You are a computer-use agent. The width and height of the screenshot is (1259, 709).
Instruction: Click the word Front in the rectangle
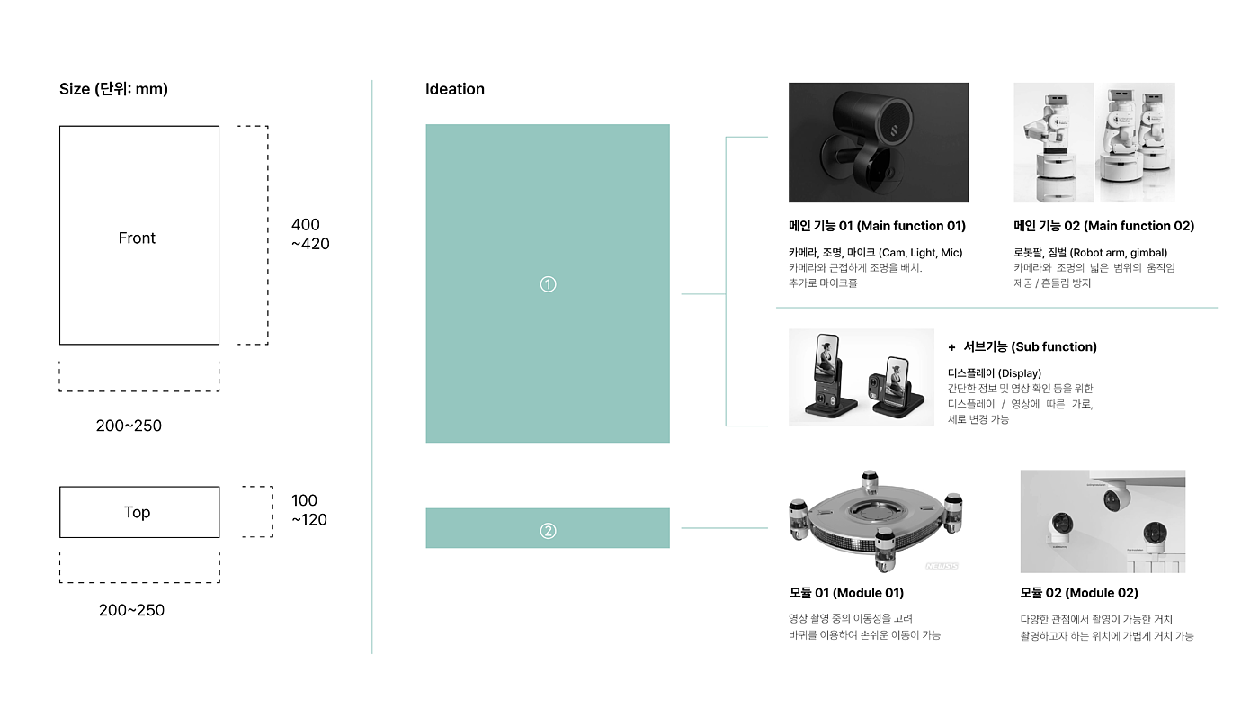(137, 238)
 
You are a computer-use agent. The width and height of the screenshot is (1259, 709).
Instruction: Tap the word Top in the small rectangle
(137, 512)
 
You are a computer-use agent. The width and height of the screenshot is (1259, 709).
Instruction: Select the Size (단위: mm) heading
(113, 89)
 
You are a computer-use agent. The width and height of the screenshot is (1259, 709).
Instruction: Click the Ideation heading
(455, 89)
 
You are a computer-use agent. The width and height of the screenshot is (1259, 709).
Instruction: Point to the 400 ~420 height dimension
(310, 234)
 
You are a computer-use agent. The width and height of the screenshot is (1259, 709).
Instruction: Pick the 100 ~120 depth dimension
(308, 510)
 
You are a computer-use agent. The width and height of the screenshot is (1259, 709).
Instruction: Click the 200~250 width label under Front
(129, 426)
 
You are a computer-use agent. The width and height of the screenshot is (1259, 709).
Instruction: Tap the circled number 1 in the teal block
(548, 284)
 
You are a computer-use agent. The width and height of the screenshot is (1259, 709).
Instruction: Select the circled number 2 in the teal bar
(548, 531)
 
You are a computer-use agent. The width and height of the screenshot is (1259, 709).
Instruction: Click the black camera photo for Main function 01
(878, 142)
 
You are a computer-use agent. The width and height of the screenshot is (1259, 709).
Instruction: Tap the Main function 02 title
(1103, 226)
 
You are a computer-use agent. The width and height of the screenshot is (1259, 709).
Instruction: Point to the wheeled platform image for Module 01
(873, 522)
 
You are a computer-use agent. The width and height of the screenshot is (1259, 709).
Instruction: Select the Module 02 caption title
(1078, 593)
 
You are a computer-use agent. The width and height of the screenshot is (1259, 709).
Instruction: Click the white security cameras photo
(1103, 521)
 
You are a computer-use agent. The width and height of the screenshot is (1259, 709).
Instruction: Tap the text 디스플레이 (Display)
(994, 373)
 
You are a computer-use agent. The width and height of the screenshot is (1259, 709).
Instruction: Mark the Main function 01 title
(877, 226)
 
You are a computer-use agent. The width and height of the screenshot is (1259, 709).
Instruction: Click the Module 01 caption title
(846, 593)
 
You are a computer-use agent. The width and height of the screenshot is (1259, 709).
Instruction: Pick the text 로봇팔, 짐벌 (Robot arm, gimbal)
(1090, 253)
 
